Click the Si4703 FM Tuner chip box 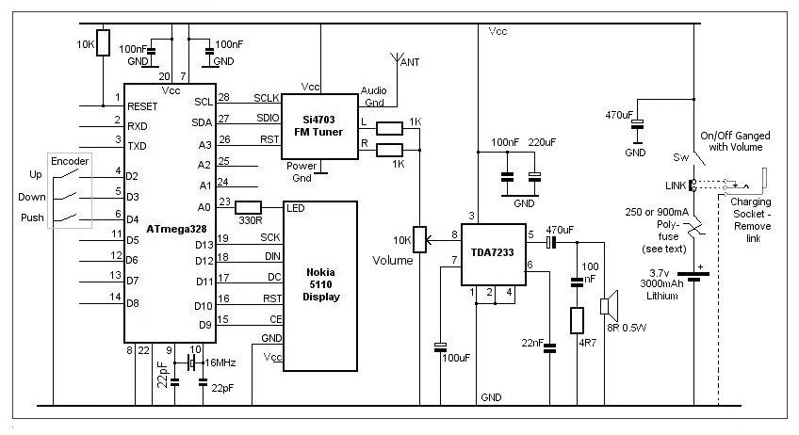[319, 126]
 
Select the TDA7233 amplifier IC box [494, 254]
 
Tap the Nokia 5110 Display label [320, 284]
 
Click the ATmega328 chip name [176, 229]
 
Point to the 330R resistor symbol [248, 207]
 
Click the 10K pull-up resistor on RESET [103, 42]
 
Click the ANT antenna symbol [397, 58]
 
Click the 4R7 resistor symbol [577, 320]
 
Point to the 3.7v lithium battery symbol [693, 276]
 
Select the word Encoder [70, 161]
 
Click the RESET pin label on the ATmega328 [142, 106]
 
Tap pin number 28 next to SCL [223, 97]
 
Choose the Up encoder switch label [35, 175]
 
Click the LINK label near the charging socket [676, 185]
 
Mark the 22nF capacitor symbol [549, 349]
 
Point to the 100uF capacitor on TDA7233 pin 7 [440, 347]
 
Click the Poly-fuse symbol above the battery [694, 228]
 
